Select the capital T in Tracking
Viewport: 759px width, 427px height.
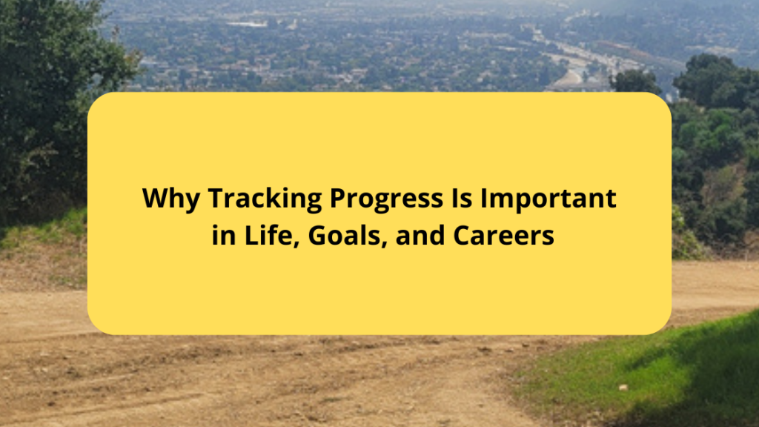coord(215,199)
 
